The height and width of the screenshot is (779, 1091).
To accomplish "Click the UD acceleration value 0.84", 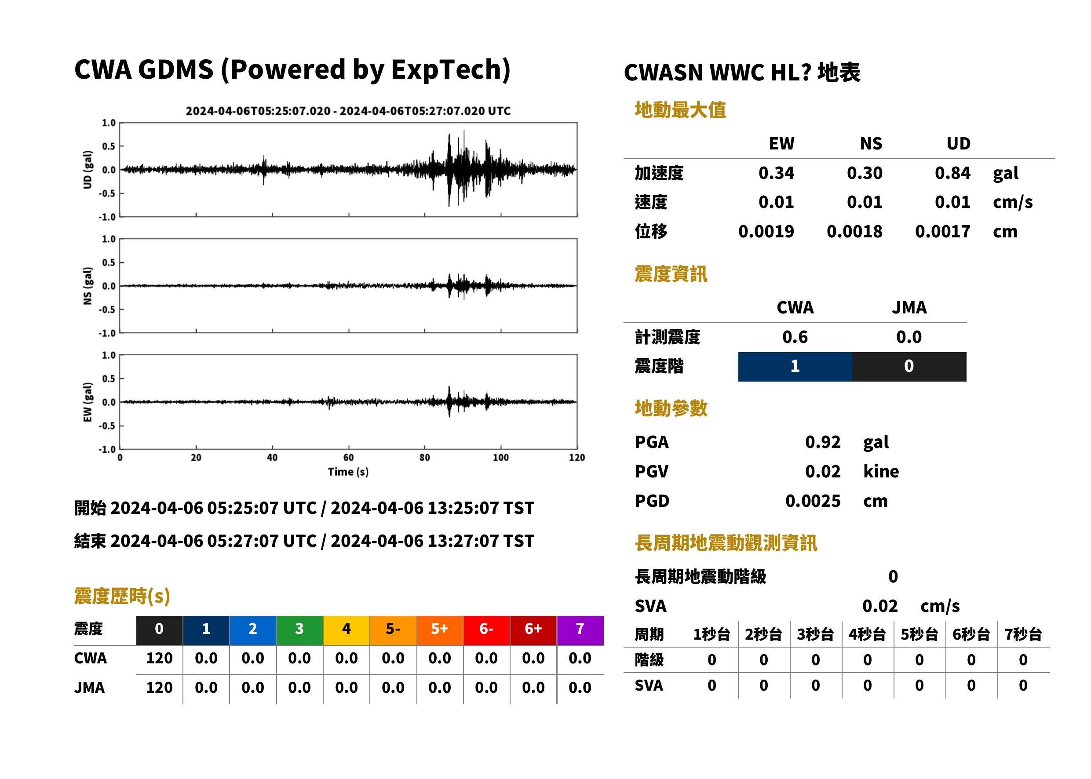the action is click(x=952, y=173).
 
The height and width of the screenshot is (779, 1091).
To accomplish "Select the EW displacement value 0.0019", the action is click(x=766, y=232).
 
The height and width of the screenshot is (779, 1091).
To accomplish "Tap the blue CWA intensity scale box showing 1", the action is click(x=795, y=367).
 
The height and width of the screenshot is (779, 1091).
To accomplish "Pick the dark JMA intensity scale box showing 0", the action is click(x=909, y=367).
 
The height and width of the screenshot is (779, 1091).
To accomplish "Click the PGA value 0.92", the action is click(x=823, y=442).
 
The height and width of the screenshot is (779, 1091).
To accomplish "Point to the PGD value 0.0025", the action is click(x=813, y=501).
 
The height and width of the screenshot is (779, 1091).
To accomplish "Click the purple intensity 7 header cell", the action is click(x=580, y=630).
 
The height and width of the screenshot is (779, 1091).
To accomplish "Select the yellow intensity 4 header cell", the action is click(x=347, y=630).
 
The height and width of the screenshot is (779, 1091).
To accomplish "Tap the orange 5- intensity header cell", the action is click(x=393, y=630).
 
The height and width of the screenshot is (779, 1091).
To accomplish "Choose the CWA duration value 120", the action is click(x=159, y=659).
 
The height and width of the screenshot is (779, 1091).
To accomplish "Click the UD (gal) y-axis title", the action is click(x=88, y=170).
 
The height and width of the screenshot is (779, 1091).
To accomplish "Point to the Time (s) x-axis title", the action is click(x=348, y=472).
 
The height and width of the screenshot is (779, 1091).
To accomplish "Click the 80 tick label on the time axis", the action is click(x=425, y=458).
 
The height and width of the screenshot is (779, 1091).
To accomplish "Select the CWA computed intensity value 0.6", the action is click(x=795, y=337).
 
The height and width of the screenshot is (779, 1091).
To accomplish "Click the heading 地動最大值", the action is click(x=680, y=110).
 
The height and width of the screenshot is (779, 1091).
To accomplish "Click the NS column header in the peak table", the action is click(x=871, y=144).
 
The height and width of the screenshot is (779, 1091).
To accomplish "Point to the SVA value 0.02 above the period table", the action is click(x=880, y=606).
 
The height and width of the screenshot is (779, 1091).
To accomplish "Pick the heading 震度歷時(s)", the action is click(x=122, y=596).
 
